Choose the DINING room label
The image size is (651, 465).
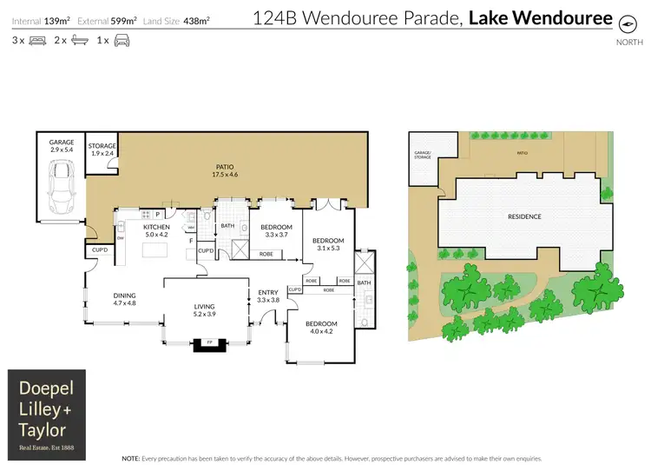point(125,300)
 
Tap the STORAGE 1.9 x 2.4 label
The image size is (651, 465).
point(103,149)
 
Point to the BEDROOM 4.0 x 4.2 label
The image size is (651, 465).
point(320,327)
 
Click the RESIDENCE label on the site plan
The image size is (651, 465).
point(524,216)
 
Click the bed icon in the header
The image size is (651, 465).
point(37,40)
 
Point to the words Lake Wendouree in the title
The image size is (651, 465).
point(540,17)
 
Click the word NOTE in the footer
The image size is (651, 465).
point(130,457)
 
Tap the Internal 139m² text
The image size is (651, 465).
point(41,19)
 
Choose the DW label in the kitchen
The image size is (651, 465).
point(121,237)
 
